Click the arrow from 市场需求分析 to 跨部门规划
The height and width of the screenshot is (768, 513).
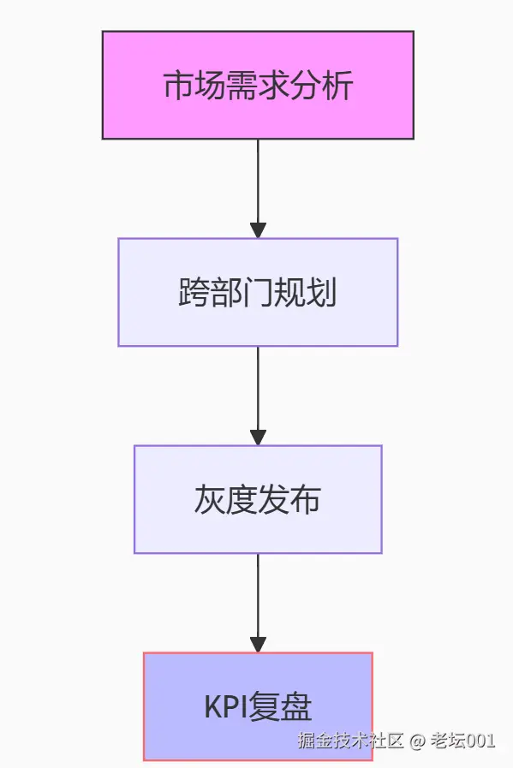point(258,184)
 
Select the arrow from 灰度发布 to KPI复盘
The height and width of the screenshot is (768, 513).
point(258,599)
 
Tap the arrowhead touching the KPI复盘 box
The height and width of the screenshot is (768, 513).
point(258,644)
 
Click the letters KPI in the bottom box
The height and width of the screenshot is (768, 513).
point(225,708)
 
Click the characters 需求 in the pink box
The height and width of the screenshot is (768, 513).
point(258,86)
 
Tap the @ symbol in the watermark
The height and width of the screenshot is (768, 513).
point(416,741)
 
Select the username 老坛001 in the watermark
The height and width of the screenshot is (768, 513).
point(462,741)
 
